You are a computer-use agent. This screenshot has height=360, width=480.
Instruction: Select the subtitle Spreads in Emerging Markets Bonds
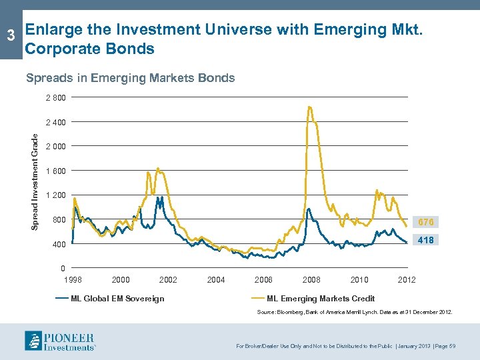(130, 78)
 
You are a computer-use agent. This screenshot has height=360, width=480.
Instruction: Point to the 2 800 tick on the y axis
(55, 98)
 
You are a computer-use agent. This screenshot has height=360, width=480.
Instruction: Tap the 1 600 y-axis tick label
(55, 171)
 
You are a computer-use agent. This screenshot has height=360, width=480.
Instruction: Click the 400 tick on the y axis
(59, 245)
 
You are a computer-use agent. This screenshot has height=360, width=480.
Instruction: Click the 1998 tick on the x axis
(73, 279)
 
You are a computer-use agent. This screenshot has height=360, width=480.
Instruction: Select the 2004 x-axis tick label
(216, 279)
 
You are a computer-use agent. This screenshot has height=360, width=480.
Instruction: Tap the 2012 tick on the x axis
(406, 279)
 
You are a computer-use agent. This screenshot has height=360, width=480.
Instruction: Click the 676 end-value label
(426, 222)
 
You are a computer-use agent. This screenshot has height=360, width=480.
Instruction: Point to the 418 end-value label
(426, 240)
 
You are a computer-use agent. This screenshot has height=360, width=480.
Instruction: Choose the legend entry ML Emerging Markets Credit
(321, 298)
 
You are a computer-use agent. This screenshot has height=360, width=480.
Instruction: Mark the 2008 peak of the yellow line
(309, 107)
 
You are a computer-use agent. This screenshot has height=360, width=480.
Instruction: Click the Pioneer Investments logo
(60, 341)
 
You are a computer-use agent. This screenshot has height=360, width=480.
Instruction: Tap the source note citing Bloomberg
(355, 312)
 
